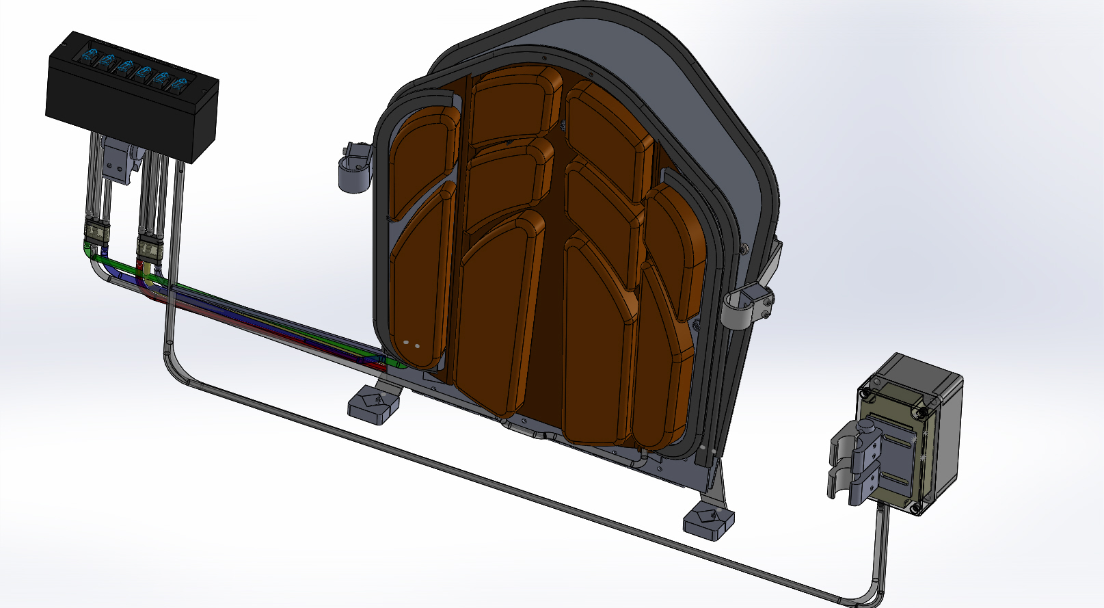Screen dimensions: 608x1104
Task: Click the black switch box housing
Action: pos(130,109)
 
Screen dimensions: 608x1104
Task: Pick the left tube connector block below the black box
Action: pos(96,234)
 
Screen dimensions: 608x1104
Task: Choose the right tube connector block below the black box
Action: pos(149,247)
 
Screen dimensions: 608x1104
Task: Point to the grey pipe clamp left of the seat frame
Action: pos(354,168)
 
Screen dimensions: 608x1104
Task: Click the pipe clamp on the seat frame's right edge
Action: pos(749,305)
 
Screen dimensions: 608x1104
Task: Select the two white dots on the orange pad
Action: pos(412,344)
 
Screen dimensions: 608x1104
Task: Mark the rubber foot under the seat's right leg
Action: pos(709,523)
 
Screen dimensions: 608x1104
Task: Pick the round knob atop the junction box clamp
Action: pos(866,426)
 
